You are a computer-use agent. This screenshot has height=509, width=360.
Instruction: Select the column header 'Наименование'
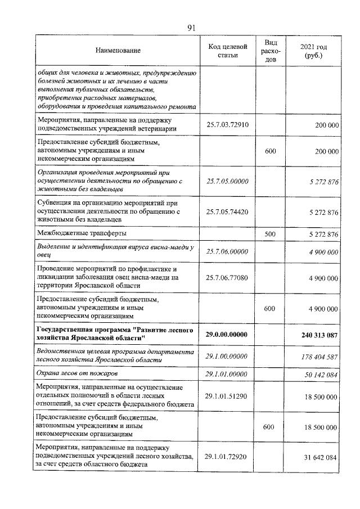[x=118, y=51]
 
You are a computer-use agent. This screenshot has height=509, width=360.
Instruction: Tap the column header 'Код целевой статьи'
[x=227, y=51]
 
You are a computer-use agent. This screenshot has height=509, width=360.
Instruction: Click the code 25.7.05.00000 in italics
[x=227, y=181]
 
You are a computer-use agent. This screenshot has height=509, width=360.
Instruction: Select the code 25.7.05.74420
[x=227, y=212]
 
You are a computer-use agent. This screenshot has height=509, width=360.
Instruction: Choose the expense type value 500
[x=269, y=233]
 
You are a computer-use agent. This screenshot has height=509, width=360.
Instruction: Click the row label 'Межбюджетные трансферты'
[x=82, y=233]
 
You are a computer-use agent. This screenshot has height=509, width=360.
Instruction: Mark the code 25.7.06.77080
[x=227, y=277]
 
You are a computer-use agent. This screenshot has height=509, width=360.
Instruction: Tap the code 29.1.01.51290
[x=227, y=396]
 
